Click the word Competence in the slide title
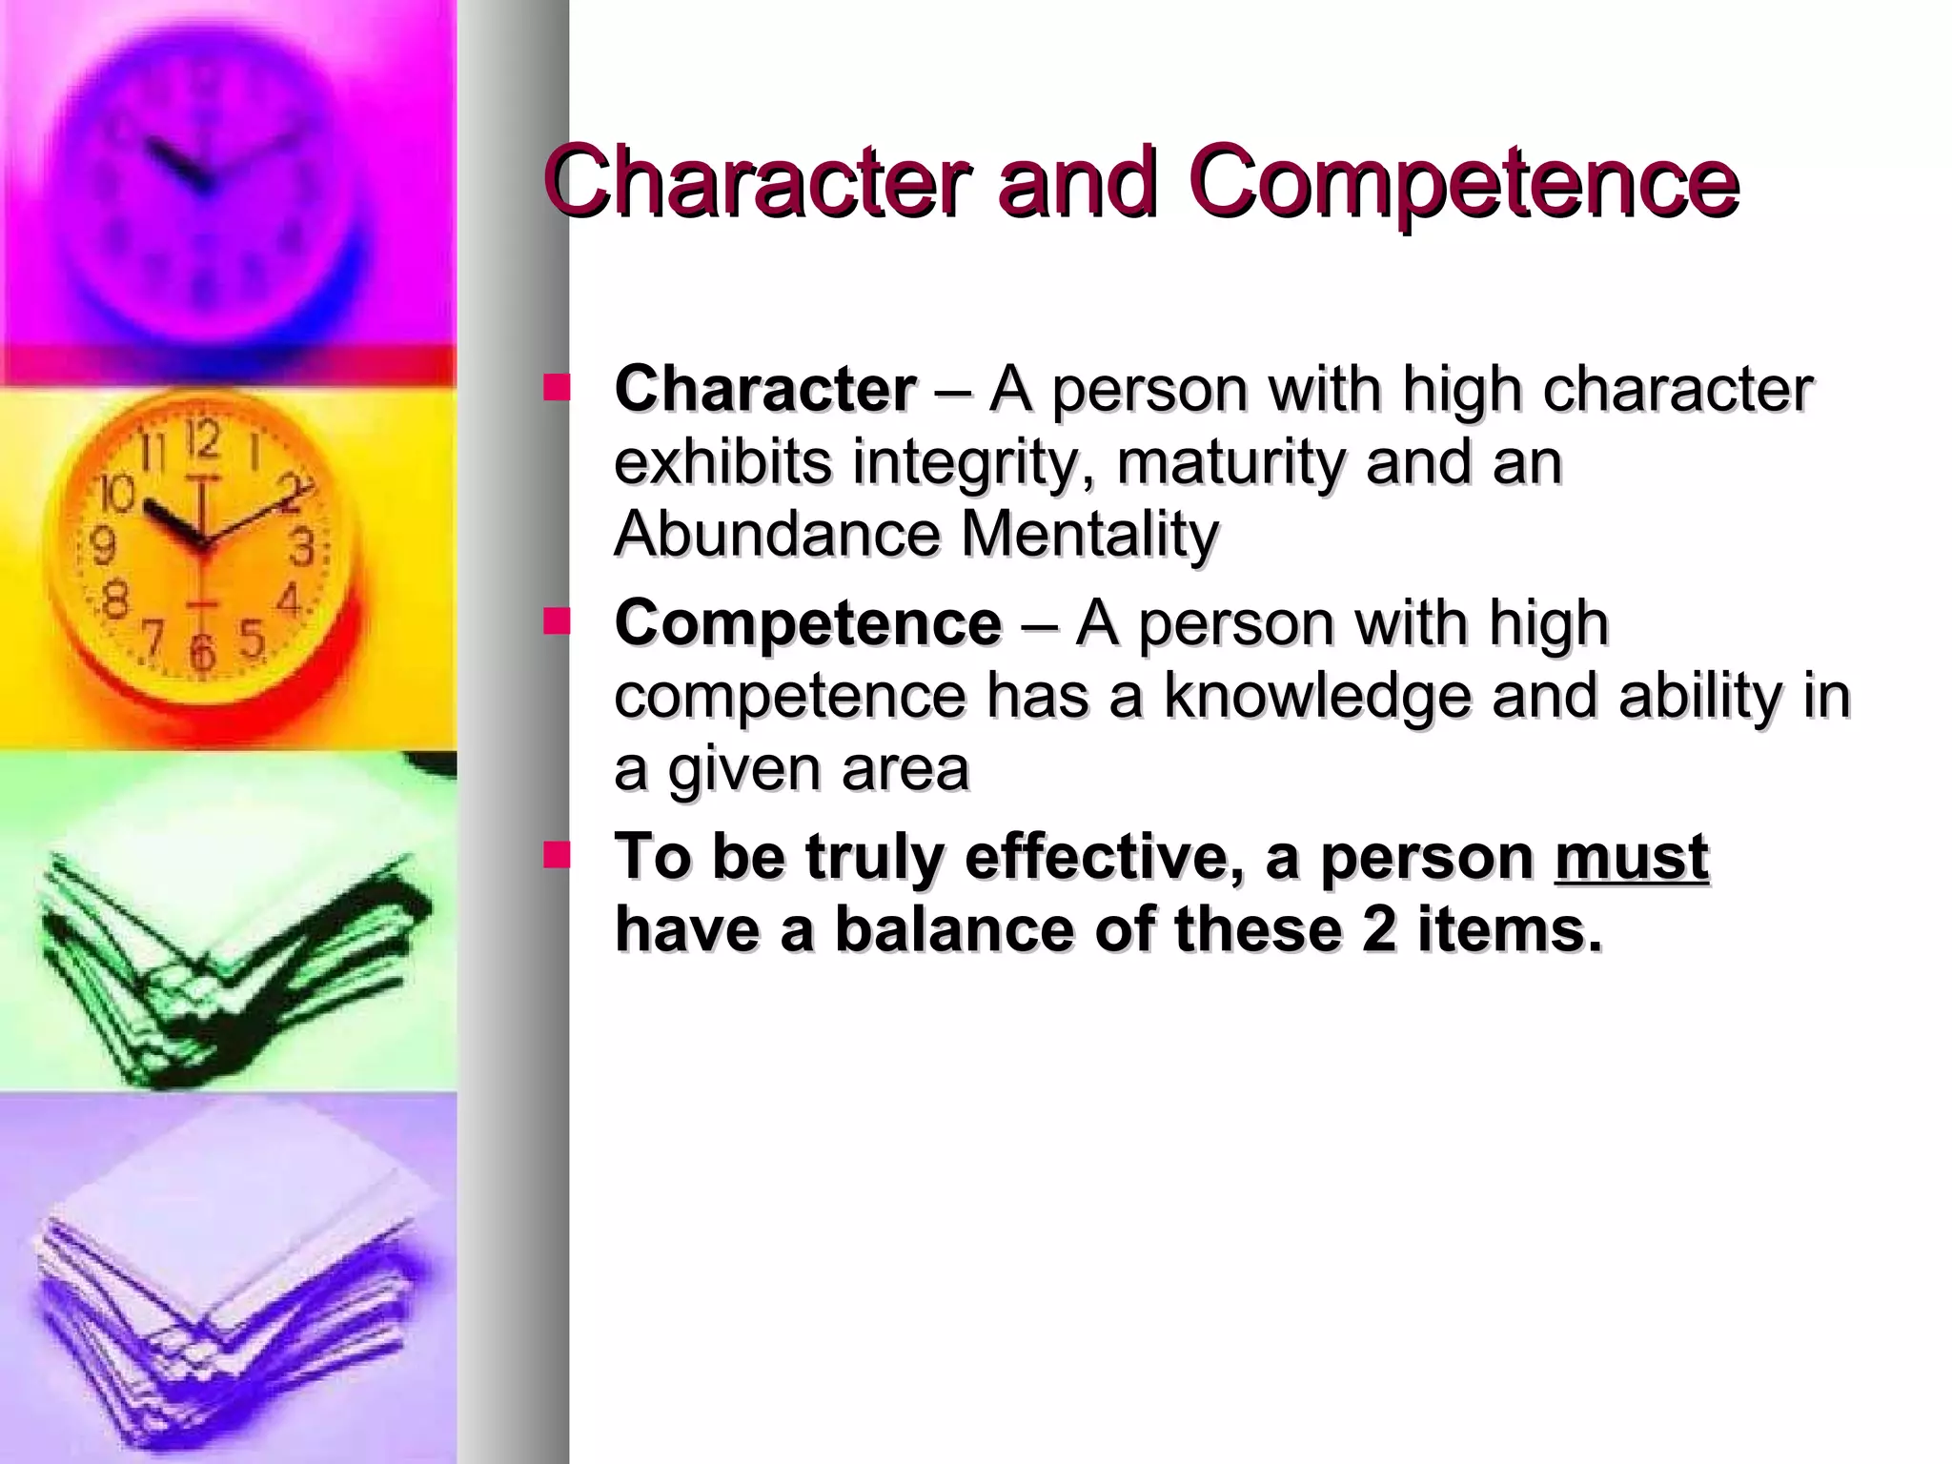pos(1463,183)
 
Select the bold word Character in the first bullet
pos(765,390)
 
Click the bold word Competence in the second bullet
pos(808,623)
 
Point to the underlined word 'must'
pos(1632,857)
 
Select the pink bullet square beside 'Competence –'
pos(557,621)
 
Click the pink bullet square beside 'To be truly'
pos(557,855)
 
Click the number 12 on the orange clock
pos(202,441)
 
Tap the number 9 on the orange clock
pos(103,546)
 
